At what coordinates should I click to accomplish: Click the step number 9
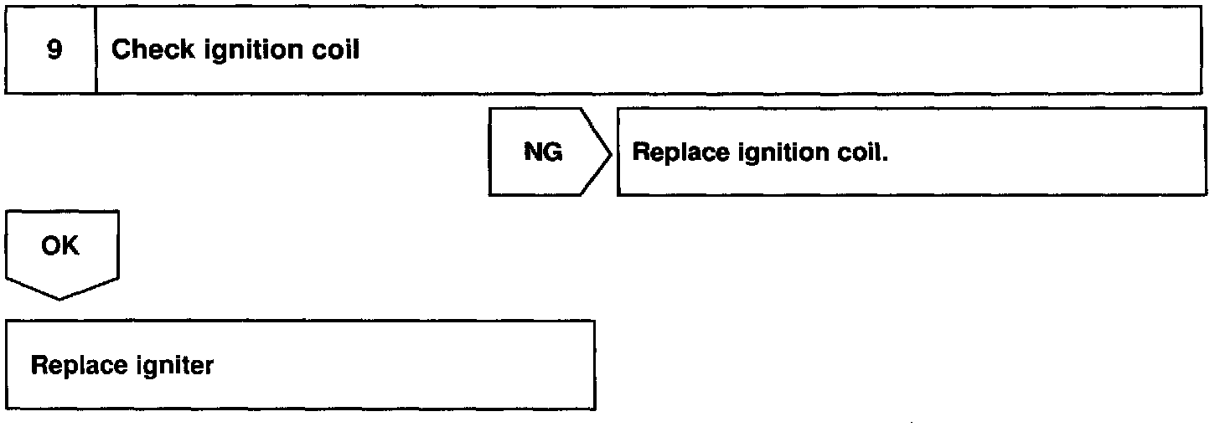(54, 50)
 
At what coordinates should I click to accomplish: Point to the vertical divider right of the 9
(96, 50)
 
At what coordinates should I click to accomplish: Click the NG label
(543, 152)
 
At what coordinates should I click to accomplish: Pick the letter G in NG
(553, 152)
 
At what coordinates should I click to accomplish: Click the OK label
(60, 246)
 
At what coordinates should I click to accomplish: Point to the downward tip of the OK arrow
(60, 297)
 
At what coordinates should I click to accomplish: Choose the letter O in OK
(50, 246)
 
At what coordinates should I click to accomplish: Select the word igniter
(174, 367)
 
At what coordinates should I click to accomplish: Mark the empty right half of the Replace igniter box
(444, 365)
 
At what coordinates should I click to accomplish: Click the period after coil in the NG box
(884, 159)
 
